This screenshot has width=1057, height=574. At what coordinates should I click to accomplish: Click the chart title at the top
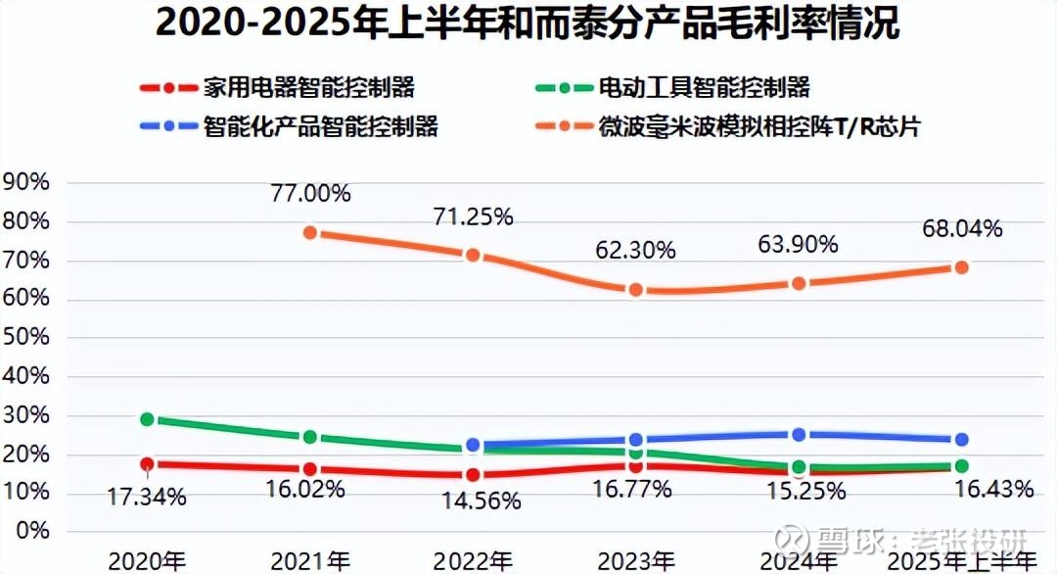point(528,24)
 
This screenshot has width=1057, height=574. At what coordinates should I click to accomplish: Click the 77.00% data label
point(310,193)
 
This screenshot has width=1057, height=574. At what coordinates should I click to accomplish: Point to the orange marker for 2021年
point(310,232)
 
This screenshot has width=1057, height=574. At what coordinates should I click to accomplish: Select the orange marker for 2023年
point(636,290)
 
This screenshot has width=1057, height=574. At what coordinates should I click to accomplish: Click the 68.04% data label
point(962,229)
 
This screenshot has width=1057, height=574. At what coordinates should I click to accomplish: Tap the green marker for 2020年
point(148,418)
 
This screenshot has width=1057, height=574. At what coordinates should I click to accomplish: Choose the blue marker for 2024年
point(799,434)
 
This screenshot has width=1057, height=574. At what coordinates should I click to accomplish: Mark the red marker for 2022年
point(474,475)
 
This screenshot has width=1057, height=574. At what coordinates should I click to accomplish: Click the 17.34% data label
point(148,497)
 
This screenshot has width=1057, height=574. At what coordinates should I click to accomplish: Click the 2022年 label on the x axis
point(474,561)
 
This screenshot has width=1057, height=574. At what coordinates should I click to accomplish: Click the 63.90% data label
point(799,244)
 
